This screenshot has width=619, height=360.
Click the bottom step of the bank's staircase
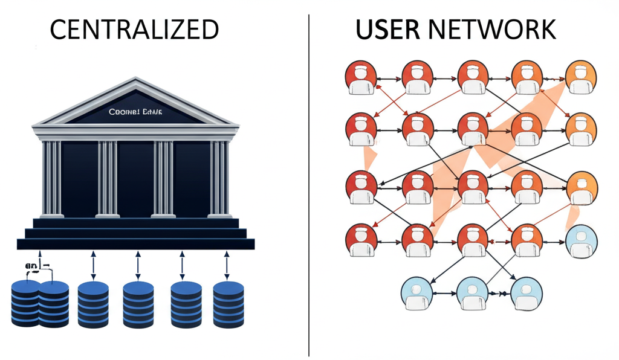pyautogui.click(x=135, y=243)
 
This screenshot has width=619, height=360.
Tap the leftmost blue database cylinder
pyautogui.click(x=26, y=304)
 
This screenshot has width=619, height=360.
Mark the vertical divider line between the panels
pyautogui.click(x=309, y=181)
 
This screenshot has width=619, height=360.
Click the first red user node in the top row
pyautogui.click(x=360, y=78)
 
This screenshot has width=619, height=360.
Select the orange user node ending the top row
pyautogui.click(x=580, y=78)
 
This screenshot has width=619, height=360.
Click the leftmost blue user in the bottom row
pyautogui.click(x=417, y=293)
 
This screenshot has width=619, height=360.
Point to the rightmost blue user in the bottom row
pyautogui.click(x=526, y=293)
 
